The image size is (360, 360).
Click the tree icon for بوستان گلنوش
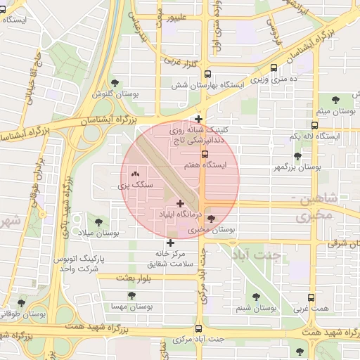coord(125,82)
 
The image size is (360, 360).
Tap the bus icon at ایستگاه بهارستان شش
coord(207,73)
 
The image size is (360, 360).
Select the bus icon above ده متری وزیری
coord(274,68)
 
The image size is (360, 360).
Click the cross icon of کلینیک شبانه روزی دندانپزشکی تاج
coord(199,119)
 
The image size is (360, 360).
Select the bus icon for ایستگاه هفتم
coord(205,155)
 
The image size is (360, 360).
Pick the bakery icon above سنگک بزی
coord(135,173)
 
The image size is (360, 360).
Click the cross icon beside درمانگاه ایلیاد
coord(180,203)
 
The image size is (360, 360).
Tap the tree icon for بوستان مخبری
coord(211,219)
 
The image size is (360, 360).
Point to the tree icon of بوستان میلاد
coord(98,222)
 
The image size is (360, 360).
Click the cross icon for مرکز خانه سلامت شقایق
coord(170,243)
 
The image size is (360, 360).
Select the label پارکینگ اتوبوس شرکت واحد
coord(78,264)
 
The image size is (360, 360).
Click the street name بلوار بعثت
coord(117,278)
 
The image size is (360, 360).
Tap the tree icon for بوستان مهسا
coord(131,296)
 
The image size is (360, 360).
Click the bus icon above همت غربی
coord(311,297)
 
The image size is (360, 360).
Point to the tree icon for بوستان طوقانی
coord(21,302)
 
